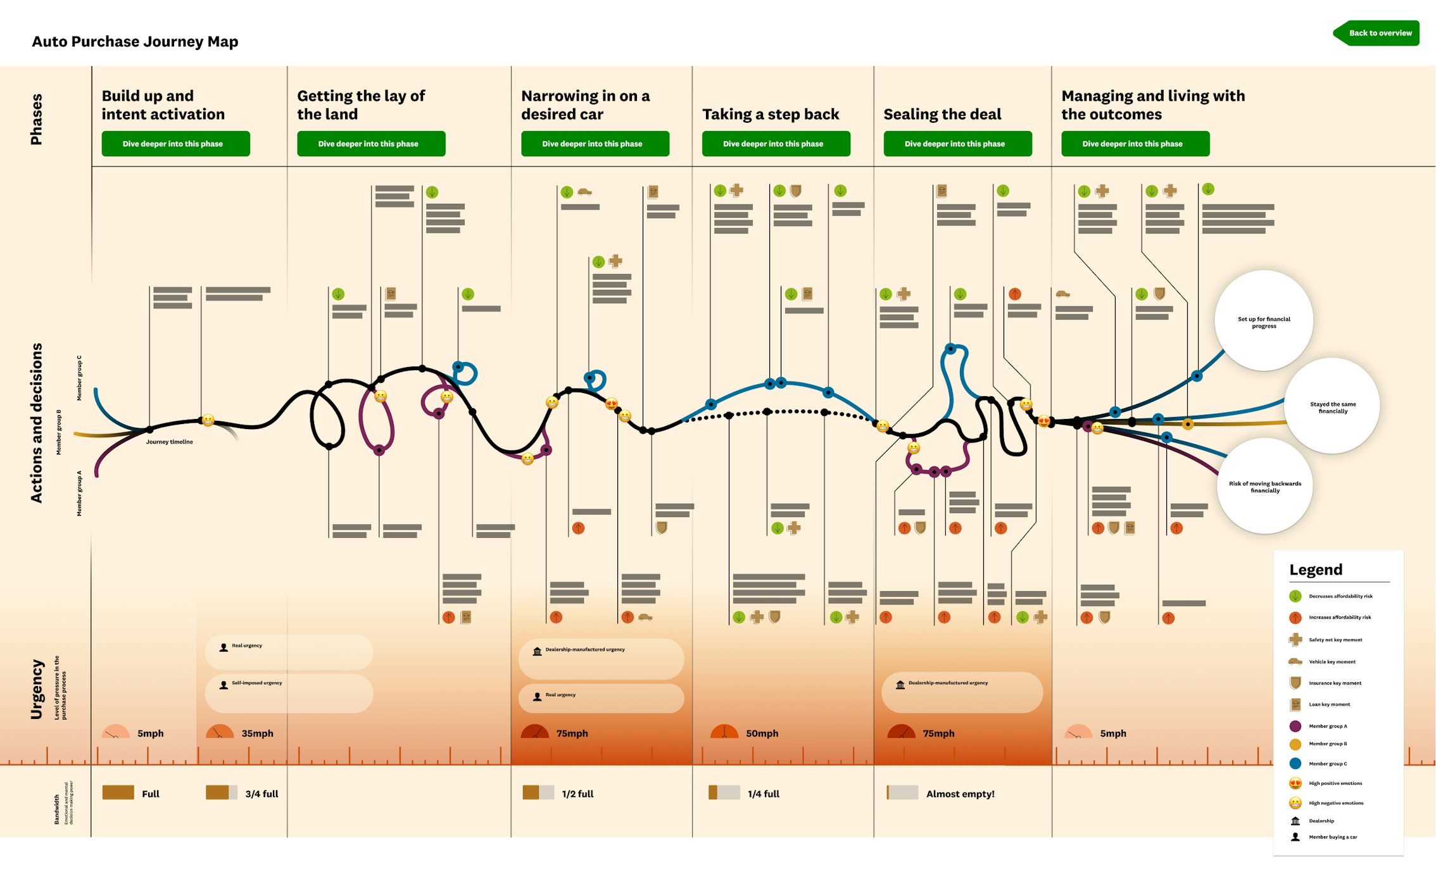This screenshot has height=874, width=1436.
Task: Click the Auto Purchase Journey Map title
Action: [135, 42]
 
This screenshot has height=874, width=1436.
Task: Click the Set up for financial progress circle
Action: [1263, 321]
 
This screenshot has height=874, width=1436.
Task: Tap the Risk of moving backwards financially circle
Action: [1264, 487]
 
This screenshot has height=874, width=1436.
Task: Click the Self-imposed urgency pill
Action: [288, 693]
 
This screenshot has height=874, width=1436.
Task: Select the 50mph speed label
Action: [762, 734]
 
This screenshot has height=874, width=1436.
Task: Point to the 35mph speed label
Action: [257, 734]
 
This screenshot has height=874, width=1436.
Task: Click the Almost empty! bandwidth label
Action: [960, 794]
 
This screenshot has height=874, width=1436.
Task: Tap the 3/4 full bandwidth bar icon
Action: [221, 793]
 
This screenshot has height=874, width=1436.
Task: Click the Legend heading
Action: [1316, 570]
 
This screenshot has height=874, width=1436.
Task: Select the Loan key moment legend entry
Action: [1329, 704]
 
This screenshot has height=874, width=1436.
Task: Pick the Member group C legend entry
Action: [1328, 764]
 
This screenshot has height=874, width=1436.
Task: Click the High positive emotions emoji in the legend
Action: [1295, 783]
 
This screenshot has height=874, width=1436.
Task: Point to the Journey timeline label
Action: [169, 442]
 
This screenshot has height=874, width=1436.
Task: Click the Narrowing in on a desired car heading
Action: [585, 105]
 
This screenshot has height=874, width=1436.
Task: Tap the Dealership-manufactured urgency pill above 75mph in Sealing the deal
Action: [961, 692]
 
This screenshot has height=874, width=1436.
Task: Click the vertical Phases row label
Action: [37, 119]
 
